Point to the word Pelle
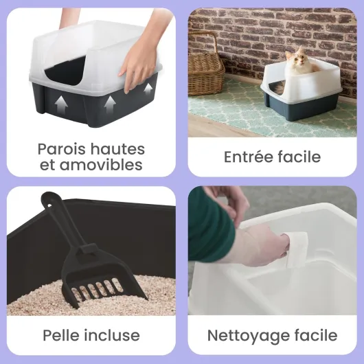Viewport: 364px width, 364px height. point(62,335)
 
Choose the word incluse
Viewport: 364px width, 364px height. point(113,335)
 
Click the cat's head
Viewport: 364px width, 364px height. point(299,60)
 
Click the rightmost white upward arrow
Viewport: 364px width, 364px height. point(148,90)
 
